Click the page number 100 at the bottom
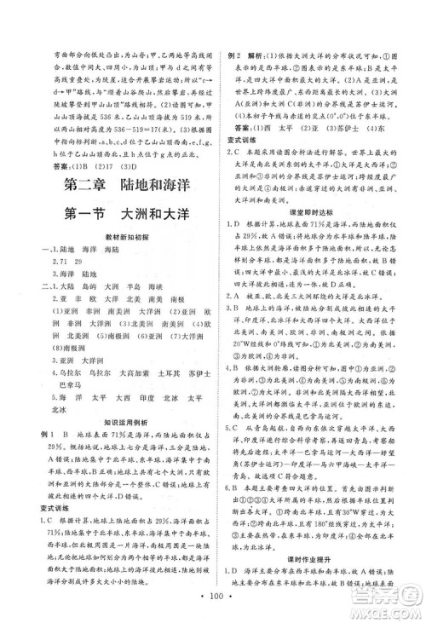(213, 593)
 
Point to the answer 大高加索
(132, 372)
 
